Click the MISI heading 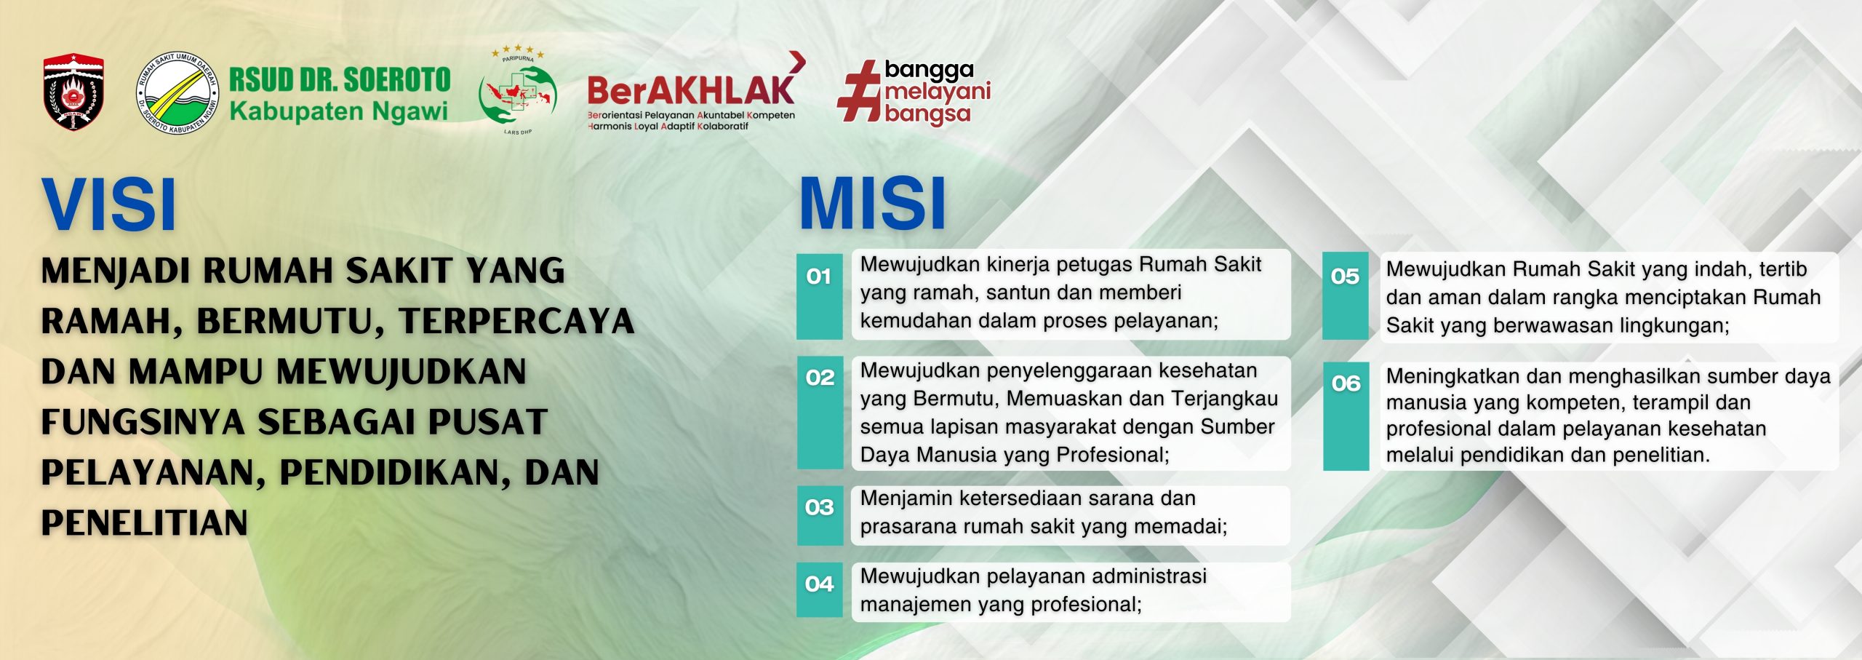click(x=872, y=204)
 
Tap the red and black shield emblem click(x=73, y=92)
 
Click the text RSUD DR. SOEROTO click(x=340, y=79)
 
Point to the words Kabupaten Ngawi click(x=338, y=111)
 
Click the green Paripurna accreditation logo click(x=518, y=91)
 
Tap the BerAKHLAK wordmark click(x=691, y=90)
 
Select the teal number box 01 click(x=820, y=296)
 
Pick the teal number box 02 click(x=820, y=412)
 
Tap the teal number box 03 click(x=820, y=515)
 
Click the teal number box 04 click(x=820, y=589)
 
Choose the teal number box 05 click(x=1346, y=296)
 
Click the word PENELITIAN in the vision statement click(x=145, y=523)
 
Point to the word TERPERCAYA click(x=516, y=322)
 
